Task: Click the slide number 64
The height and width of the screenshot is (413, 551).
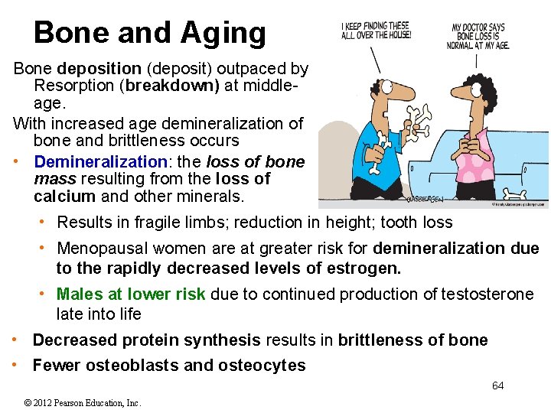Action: coord(497,385)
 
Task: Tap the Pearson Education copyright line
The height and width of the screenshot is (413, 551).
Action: coord(83,403)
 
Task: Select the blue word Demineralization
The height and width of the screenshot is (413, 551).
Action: coord(100,162)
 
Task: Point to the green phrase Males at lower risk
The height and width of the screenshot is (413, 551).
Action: coord(131,294)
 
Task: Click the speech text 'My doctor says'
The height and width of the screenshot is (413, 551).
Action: coord(478,28)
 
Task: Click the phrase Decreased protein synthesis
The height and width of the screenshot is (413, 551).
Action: coord(145,340)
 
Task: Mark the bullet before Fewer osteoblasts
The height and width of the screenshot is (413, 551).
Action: coord(16,365)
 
